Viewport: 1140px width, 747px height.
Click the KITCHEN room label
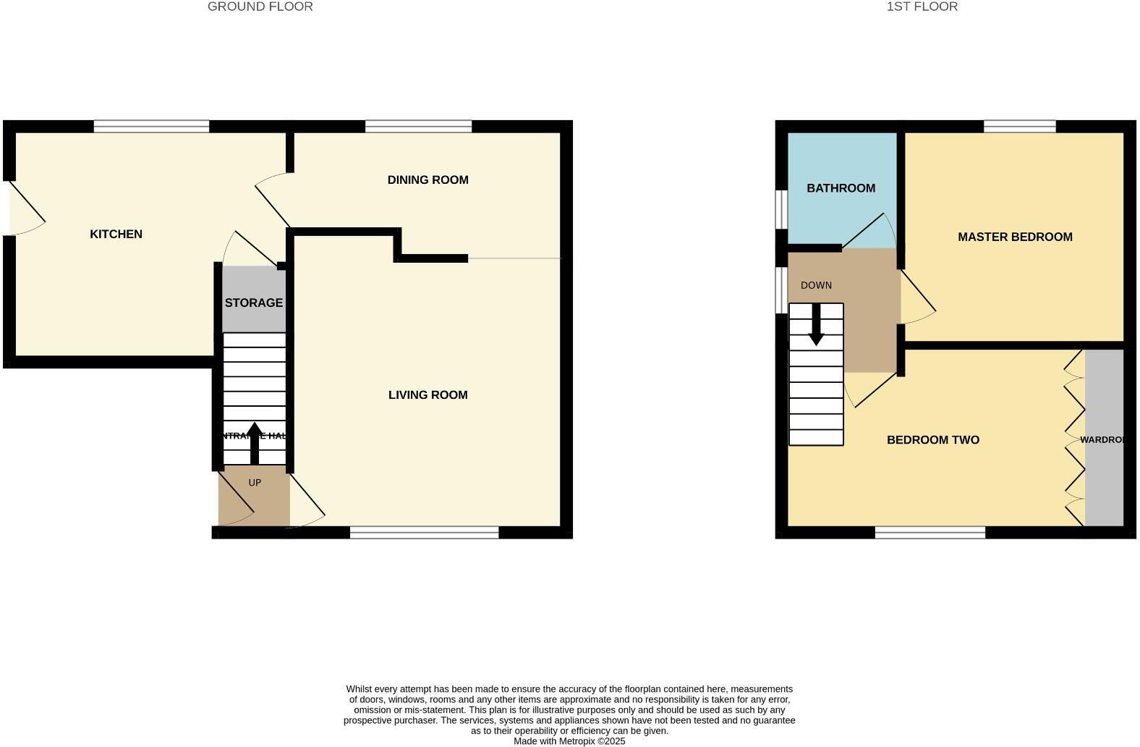(x=116, y=234)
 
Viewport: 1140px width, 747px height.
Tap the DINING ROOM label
(x=427, y=180)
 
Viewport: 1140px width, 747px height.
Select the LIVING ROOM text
(x=427, y=394)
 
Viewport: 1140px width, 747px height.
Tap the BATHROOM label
(x=841, y=188)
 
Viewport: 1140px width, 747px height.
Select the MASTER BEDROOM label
(x=1015, y=237)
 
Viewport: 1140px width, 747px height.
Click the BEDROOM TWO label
(x=932, y=439)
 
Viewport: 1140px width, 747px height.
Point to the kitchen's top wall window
(x=151, y=127)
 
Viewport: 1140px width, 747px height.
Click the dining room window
(x=418, y=127)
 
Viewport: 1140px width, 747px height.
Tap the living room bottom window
(x=424, y=533)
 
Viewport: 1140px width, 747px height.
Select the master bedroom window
(x=1019, y=127)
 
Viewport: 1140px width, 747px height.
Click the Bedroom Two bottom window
(x=930, y=533)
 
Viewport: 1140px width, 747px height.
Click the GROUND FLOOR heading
(x=260, y=7)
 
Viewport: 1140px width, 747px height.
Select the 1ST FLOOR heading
(x=922, y=7)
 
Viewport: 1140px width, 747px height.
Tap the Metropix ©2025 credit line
(x=569, y=741)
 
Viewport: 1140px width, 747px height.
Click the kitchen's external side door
(x=25, y=208)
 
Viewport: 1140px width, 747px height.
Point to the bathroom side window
(x=781, y=210)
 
